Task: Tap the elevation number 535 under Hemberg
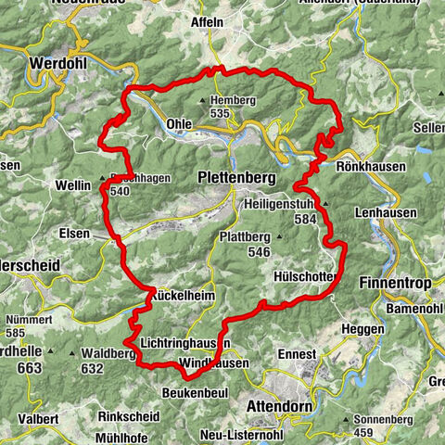click(x=220, y=113)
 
